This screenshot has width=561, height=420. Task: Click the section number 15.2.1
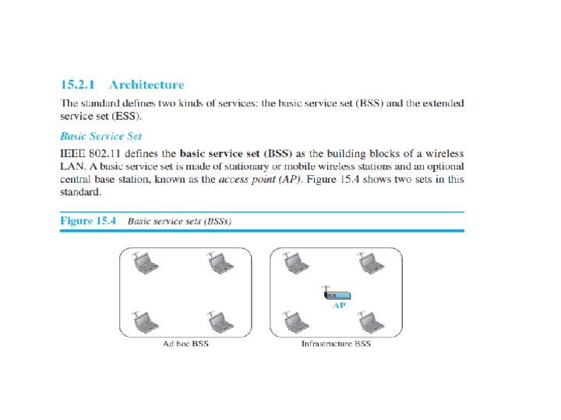pos(80,84)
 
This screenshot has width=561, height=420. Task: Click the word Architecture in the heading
pos(146,84)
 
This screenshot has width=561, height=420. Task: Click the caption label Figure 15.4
pos(88,221)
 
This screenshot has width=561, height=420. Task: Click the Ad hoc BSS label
pos(185,344)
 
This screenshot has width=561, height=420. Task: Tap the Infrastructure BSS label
pos(336,344)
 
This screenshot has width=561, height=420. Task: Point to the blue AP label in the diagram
pos(340,306)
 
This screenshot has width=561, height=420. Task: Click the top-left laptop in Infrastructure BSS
pos(294,264)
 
